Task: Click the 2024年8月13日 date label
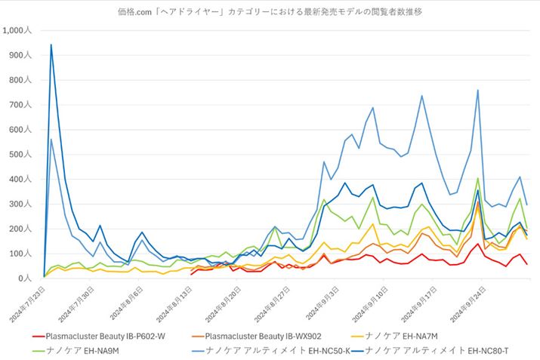(175, 301)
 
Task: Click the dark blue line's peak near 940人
(51, 45)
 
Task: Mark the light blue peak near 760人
(477, 90)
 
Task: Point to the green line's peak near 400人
(477, 179)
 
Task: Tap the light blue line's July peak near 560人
(51, 140)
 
